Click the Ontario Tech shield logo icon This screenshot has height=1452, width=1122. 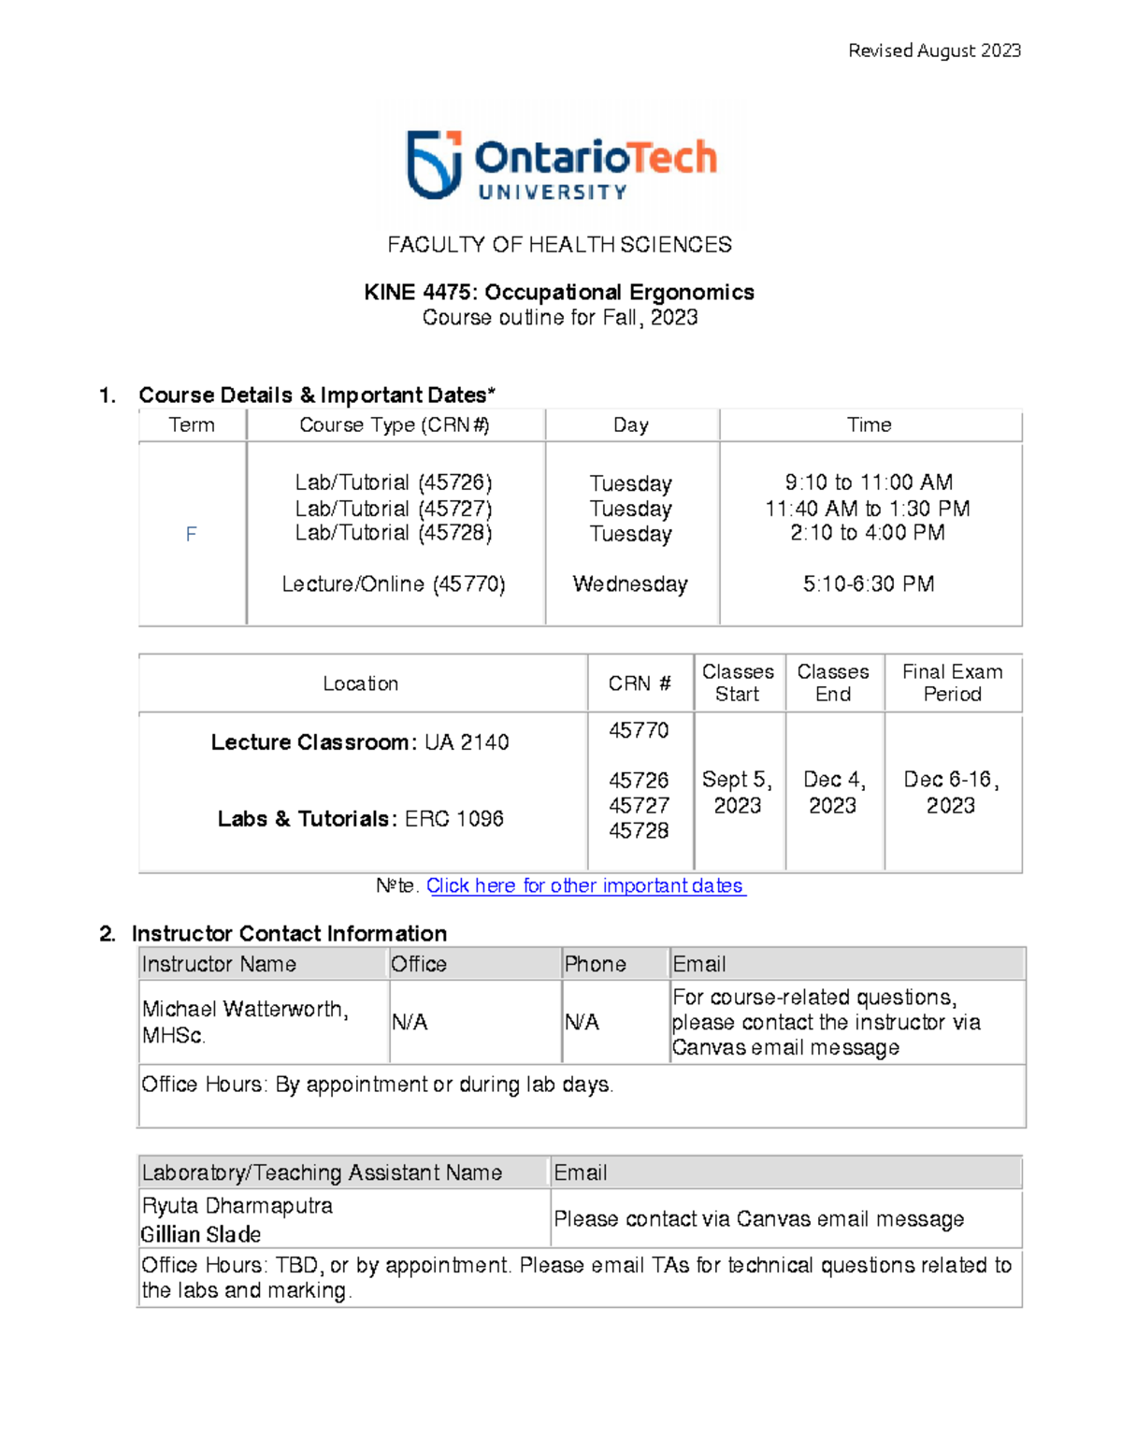click(434, 165)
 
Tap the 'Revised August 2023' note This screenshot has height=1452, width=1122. click(933, 50)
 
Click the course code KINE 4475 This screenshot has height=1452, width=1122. click(420, 293)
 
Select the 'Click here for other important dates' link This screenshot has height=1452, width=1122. click(585, 885)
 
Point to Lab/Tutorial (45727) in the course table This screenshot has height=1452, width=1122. click(394, 508)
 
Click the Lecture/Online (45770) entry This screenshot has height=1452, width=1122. click(394, 584)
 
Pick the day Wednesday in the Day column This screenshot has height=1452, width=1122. click(630, 584)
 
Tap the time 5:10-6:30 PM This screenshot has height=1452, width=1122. click(869, 584)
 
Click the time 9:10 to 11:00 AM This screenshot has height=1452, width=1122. click(869, 482)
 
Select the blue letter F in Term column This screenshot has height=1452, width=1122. click(191, 534)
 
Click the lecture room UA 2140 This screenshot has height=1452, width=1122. click(467, 742)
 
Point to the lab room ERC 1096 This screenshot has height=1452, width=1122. click(454, 819)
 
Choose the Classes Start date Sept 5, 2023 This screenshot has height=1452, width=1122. click(737, 792)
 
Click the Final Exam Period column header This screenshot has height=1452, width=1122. click(952, 683)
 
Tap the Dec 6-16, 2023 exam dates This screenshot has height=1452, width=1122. click(951, 792)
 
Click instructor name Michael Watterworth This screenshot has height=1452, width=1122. click(245, 1009)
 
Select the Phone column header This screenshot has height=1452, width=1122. click(595, 964)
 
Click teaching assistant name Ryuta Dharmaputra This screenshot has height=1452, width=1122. click(237, 1205)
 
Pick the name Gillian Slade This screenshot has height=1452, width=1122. click(201, 1234)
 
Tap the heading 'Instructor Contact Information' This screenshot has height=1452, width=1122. click(289, 933)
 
